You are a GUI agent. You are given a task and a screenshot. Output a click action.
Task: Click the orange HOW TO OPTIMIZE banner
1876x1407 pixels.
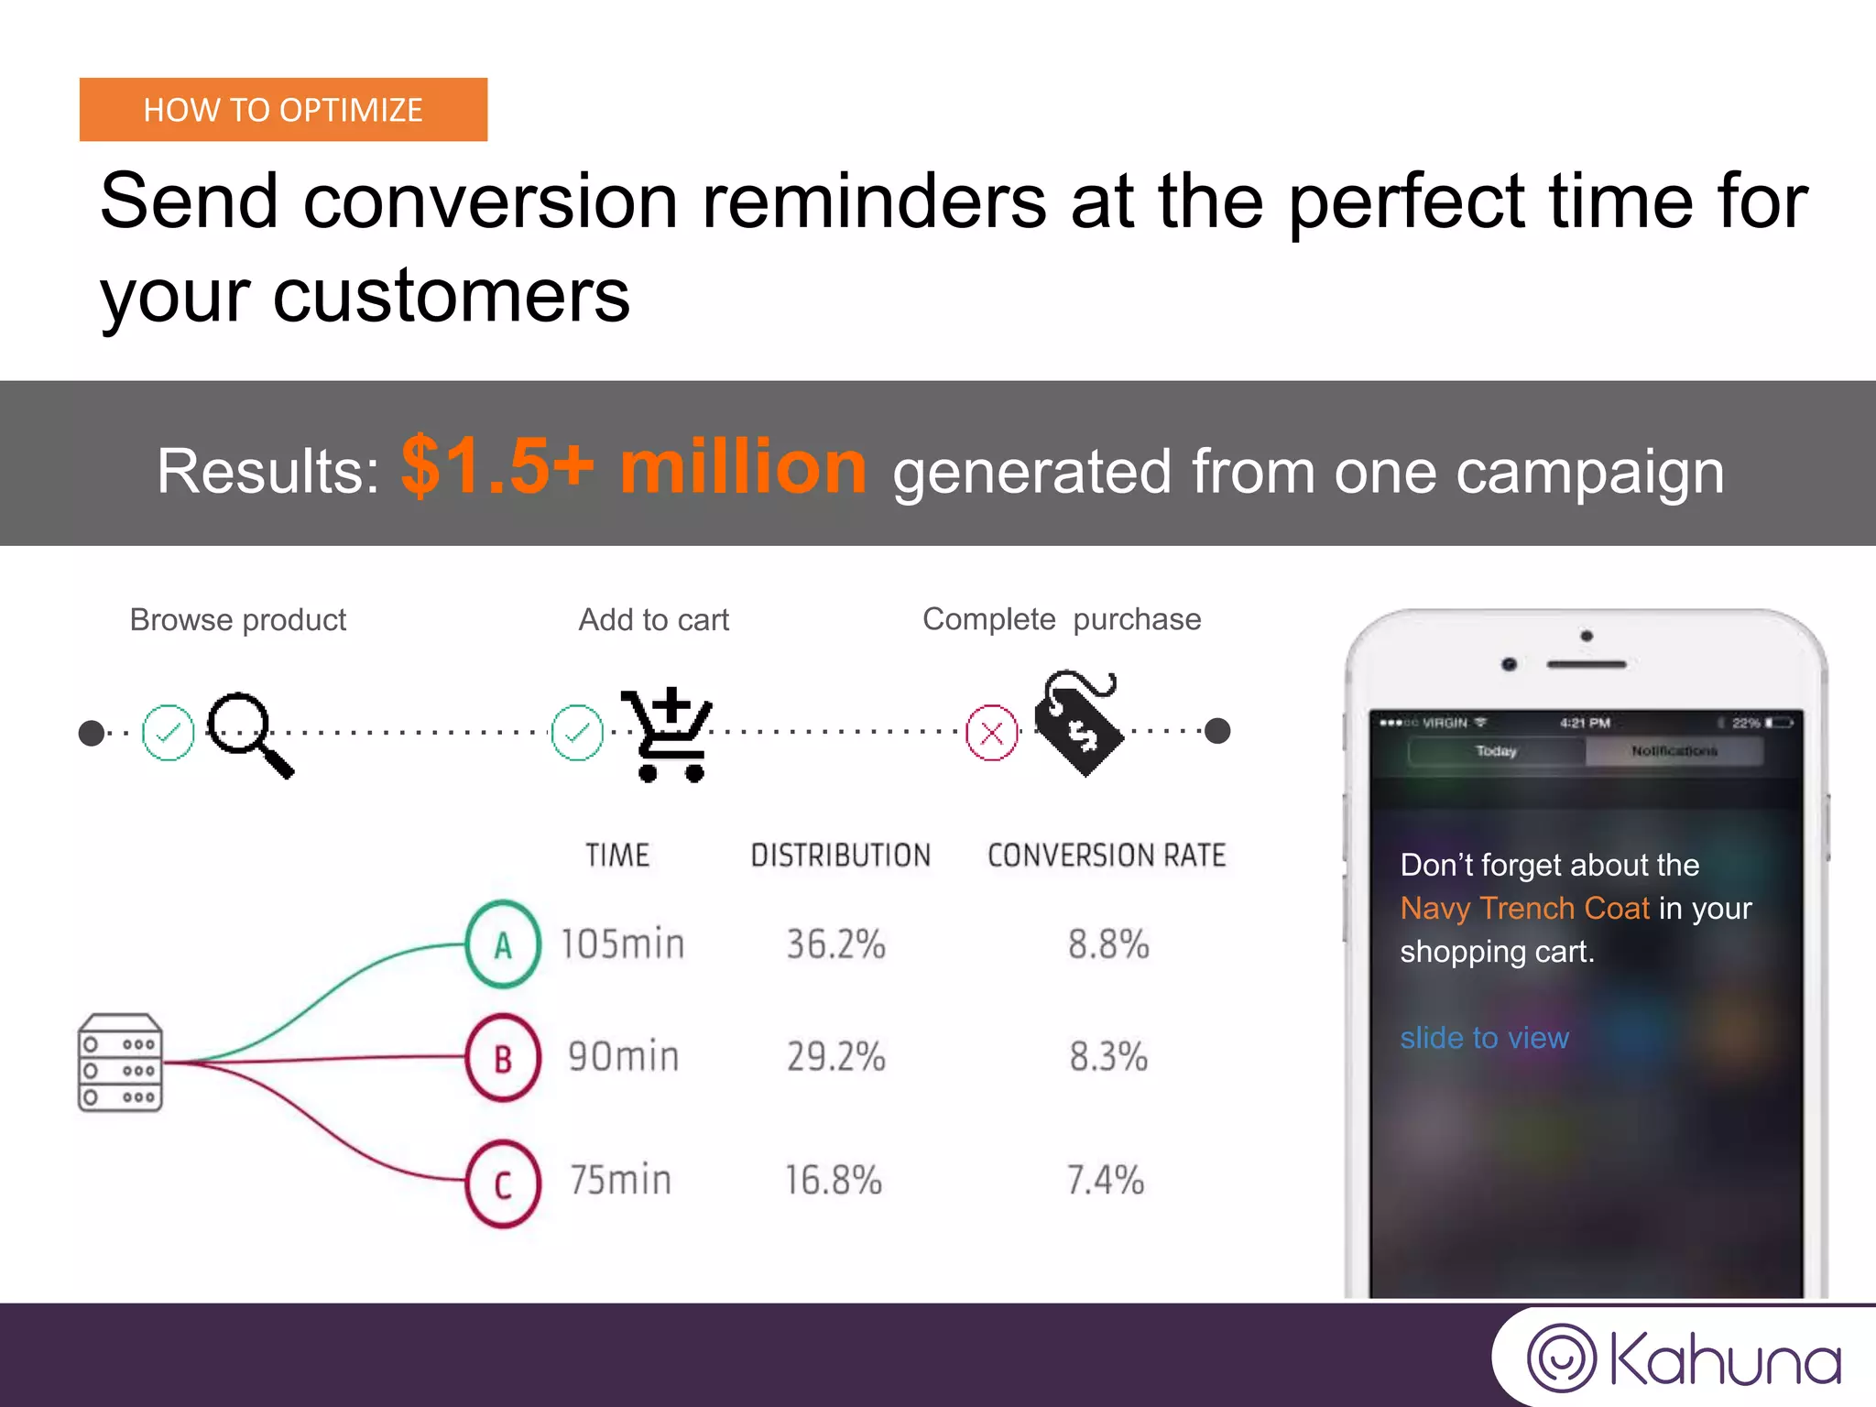283,110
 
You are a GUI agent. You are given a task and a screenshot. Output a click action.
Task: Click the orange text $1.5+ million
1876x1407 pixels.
634,468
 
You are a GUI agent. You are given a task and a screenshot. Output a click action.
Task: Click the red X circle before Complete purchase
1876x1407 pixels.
992,733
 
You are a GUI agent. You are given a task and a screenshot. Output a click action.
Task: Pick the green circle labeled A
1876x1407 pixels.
502,944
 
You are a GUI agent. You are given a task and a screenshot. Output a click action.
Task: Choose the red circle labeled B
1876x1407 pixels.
502,1058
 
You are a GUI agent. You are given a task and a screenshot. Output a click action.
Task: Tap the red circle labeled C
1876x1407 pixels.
502,1183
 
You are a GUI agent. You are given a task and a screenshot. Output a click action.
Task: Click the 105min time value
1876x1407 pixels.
623,944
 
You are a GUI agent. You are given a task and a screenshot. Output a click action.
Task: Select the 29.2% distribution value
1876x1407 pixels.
835,1057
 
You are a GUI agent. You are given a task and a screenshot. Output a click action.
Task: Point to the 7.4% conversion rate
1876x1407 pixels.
1106,1180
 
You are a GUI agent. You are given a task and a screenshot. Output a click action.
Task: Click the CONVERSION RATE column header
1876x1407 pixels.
1106,856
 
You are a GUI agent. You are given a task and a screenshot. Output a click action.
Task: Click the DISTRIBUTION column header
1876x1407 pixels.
840,856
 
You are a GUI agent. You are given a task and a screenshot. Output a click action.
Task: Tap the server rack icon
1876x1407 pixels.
120,1063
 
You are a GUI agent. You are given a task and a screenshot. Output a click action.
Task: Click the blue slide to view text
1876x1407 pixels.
1484,1038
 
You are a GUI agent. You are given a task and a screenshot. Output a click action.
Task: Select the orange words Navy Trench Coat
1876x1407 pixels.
1524,908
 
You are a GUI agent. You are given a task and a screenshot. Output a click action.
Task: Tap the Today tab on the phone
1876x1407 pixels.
1496,751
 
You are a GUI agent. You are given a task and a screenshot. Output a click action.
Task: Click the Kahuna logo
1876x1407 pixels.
1684,1358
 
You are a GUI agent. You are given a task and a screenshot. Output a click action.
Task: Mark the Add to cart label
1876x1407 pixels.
653,620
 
